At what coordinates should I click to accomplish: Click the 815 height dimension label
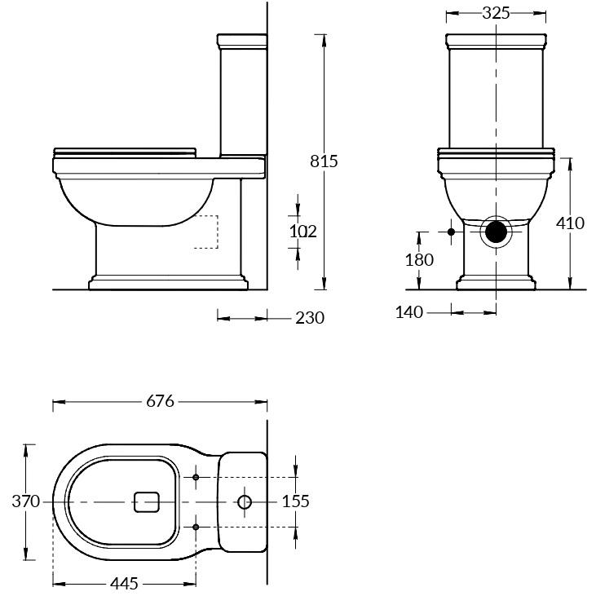(x=324, y=161)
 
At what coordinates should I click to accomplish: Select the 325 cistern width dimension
(x=496, y=13)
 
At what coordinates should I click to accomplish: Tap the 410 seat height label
(x=570, y=223)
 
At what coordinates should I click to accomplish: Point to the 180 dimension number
(x=419, y=260)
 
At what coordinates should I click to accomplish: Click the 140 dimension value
(x=409, y=312)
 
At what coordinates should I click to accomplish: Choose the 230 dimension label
(x=310, y=318)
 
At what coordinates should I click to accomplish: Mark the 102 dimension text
(x=303, y=232)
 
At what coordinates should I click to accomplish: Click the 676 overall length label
(x=160, y=401)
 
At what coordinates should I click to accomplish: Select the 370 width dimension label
(x=26, y=501)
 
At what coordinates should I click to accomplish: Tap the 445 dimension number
(x=124, y=584)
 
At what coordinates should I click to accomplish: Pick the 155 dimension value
(x=296, y=501)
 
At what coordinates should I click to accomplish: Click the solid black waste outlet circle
(x=497, y=232)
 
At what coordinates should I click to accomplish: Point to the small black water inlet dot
(x=451, y=232)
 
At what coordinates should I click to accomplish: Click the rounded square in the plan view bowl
(x=147, y=502)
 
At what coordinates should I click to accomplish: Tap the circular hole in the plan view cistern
(x=245, y=502)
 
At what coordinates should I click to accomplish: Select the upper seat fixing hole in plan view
(x=196, y=477)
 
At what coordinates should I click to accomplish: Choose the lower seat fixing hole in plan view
(x=196, y=527)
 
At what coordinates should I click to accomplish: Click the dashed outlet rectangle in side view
(x=218, y=232)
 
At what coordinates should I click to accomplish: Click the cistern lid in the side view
(x=242, y=41)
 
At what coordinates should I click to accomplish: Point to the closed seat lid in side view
(x=125, y=152)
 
